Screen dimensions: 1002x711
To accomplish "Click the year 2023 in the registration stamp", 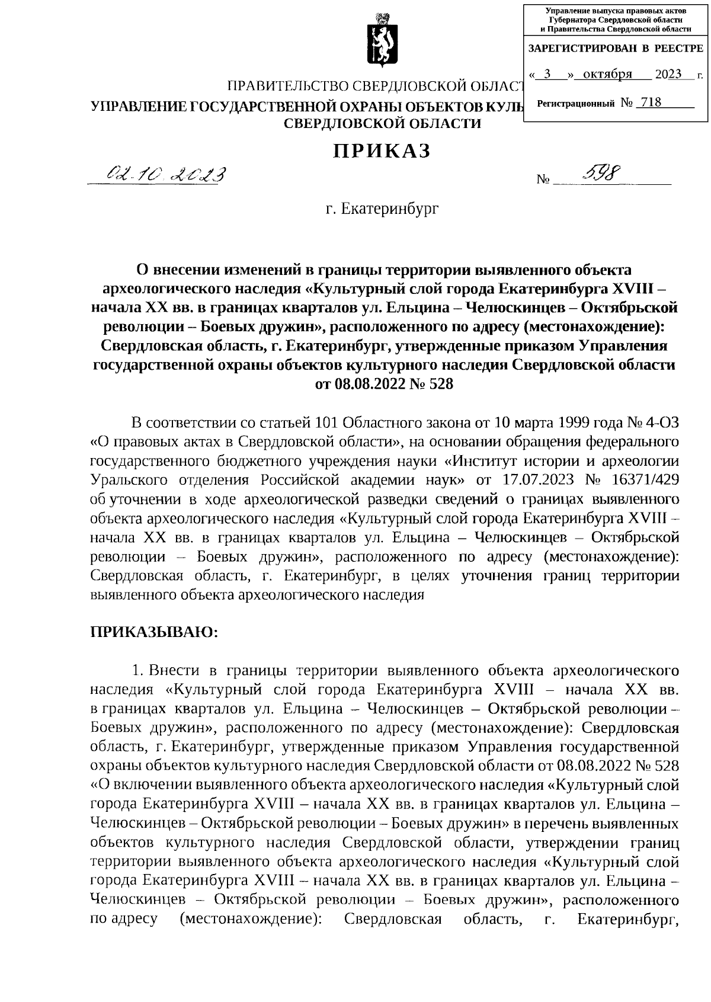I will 668,74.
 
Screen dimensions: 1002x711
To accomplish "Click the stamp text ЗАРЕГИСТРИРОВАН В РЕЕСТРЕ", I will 616,49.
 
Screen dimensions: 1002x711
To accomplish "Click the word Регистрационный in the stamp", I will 575,104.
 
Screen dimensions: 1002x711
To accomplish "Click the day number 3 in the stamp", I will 547,74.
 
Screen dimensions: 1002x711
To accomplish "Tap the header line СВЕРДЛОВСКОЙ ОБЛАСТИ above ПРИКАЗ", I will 383,123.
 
